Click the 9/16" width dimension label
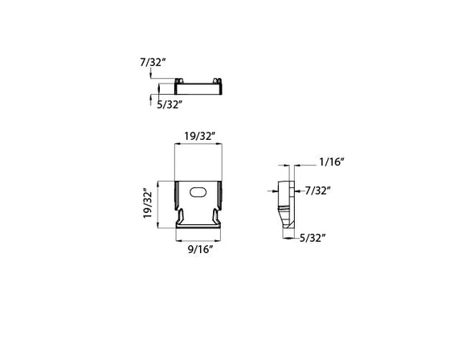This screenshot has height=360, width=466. [199, 249]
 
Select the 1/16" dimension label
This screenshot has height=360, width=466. [331, 162]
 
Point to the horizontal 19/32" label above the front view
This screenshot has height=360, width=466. [198, 137]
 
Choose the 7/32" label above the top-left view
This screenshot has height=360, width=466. [152, 61]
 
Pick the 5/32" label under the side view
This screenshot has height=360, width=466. [312, 238]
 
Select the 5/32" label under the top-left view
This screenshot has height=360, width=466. [170, 104]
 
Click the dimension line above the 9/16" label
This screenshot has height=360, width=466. [199, 239]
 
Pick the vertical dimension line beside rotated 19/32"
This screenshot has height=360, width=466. [157, 204]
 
